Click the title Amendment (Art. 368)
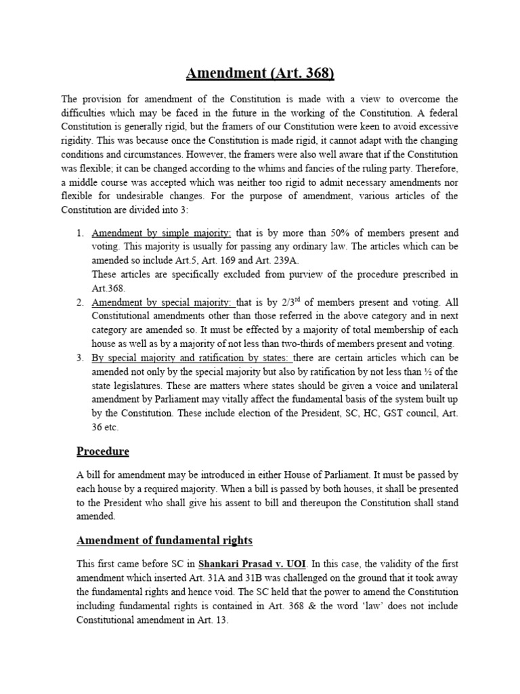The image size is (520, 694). (259, 73)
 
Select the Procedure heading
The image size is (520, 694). (102, 451)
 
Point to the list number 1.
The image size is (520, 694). (79, 234)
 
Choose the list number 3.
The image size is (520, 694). (79, 357)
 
